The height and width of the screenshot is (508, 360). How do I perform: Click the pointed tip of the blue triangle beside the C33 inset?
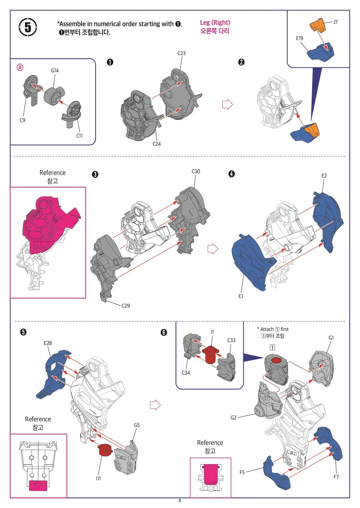tap(264, 358)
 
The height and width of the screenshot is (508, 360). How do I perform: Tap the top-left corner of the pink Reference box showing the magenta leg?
tap(10, 187)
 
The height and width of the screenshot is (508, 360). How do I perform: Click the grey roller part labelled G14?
tap(53, 95)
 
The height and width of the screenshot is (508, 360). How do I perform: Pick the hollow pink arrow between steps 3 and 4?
tap(213, 249)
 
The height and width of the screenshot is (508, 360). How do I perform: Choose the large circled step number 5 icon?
tap(28, 27)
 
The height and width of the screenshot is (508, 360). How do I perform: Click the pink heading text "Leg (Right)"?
tap(215, 23)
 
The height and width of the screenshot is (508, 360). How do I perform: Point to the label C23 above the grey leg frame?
tap(181, 53)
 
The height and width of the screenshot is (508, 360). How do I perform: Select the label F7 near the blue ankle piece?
tap(336, 477)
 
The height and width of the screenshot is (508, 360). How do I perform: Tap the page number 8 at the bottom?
tap(180, 500)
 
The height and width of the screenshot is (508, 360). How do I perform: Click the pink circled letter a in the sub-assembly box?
tap(20, 67)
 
